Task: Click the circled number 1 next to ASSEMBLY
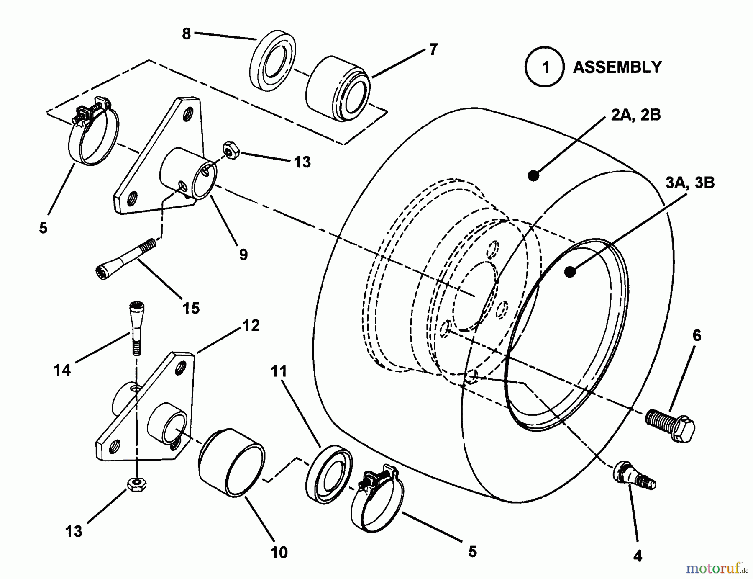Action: coord(545,67)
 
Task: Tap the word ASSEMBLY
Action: coord(617,67)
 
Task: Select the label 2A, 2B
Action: coord(636,114)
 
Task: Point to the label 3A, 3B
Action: coord(690,183)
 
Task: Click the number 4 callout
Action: coord(638,556)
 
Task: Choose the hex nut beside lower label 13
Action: coord(136,484)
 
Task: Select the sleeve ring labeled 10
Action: coord(231,462)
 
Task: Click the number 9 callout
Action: coord(243,254)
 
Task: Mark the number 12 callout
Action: coord(251,325)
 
